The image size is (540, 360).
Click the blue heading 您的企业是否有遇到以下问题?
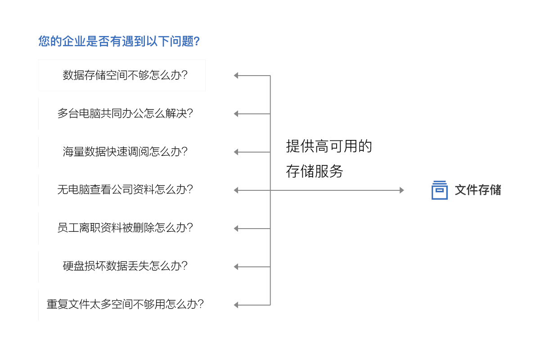tap(119, 42)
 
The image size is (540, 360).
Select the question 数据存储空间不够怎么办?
tap(125, 75)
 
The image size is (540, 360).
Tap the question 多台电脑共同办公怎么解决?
tap(125, 113)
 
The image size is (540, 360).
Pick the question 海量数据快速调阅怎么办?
tap(125, 152)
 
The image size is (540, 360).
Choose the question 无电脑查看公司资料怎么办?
tap(125, 190)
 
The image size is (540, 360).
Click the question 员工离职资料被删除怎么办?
tap(125, 228)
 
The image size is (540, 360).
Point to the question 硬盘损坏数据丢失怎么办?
tap(125, 266)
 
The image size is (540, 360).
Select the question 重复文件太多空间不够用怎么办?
tap(125, 305)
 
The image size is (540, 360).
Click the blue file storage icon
tap(439, 190)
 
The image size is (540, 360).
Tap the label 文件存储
tap(478, 190)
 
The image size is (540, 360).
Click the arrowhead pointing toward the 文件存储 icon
tap(402, 190)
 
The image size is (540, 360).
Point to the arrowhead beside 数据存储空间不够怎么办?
tap(236, 76)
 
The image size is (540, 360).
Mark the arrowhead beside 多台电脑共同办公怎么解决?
tap(236, 114)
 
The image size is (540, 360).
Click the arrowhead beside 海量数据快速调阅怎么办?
tap(236, 152)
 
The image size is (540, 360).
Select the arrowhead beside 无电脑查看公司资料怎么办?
tap(236, 190)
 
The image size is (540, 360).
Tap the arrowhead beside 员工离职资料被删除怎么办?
tap(236, 229)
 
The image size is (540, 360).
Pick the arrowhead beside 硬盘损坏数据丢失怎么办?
tap(236, 267)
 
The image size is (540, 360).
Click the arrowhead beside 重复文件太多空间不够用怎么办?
tap(236, 305)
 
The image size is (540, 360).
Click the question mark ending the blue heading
tap(196, 42)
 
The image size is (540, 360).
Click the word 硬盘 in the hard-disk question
tap(73, 266)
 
